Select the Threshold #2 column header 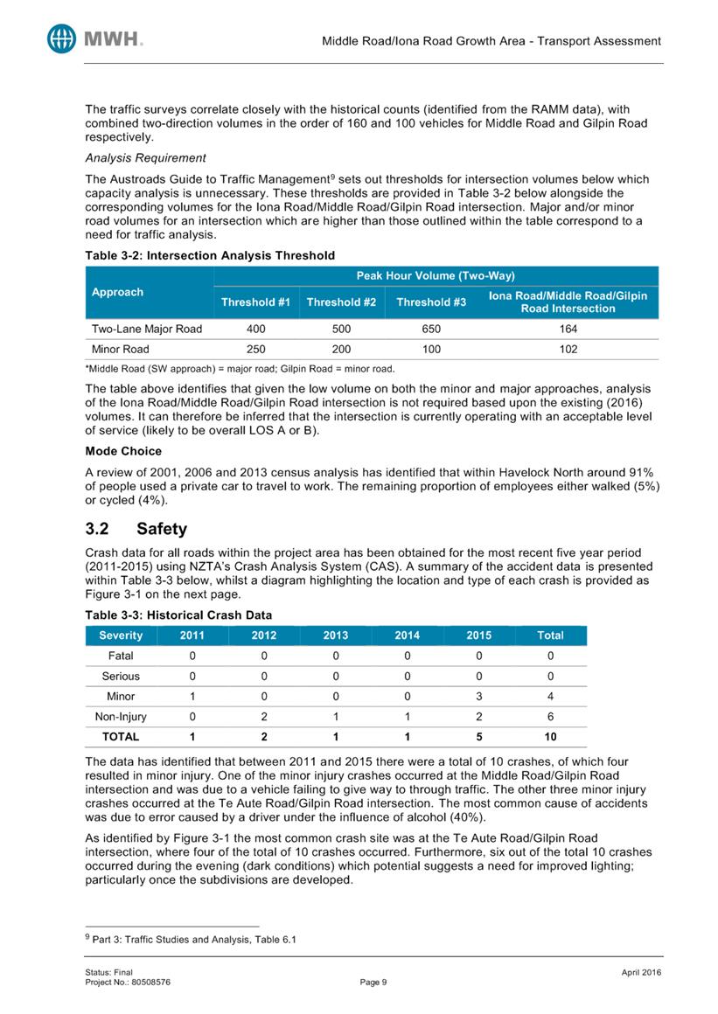(x=340, y=302)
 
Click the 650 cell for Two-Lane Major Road (x=430, y=329)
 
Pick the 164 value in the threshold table (x=568, y=329)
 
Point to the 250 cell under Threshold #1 (x=255, y=349)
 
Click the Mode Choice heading (x=123, y=451)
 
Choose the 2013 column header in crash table (x=335, y=635)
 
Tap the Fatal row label (x=121, y=655)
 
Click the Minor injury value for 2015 (x=478, y=696)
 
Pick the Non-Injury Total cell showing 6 (x=550, y=716)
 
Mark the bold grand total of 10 (x=550, y=737)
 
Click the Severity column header (x=121, y=635)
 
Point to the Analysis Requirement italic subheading (x=145, y=158)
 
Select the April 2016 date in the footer (x=638, y=973)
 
